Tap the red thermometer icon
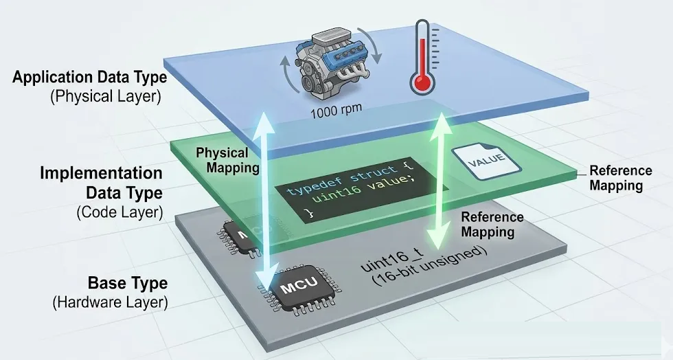[424, 58]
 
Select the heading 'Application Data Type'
[89, 77]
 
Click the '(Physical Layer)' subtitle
[105, 96]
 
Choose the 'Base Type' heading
[127, 283]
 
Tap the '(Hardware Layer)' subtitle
[110, 301]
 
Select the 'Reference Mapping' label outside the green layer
[621, 178]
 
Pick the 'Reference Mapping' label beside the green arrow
[492, 225]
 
